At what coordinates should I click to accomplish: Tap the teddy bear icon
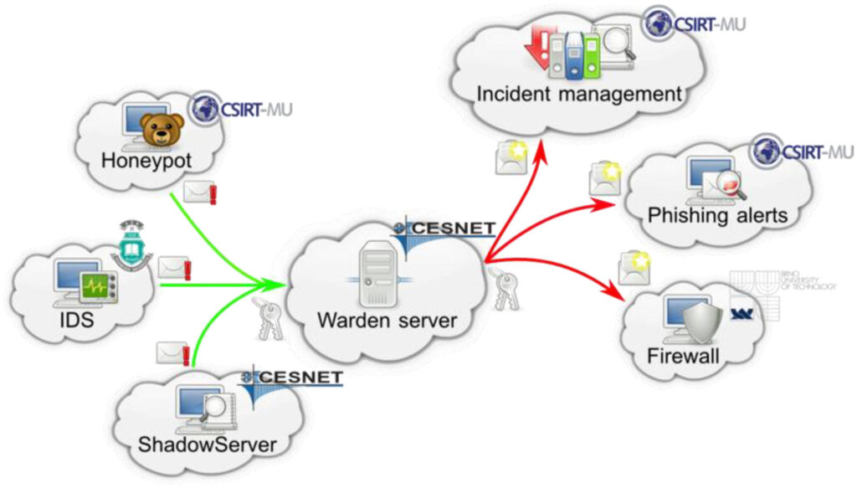click(x=162, y=131)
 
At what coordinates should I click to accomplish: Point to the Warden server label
click(x=387, y=320)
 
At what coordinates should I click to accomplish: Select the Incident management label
click(x=579, y=94)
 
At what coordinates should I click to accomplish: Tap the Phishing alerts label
click(x=717, y=215)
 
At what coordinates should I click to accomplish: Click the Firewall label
click(x=683, y=356)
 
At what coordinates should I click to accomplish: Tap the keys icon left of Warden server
click(x=269, y=316)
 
